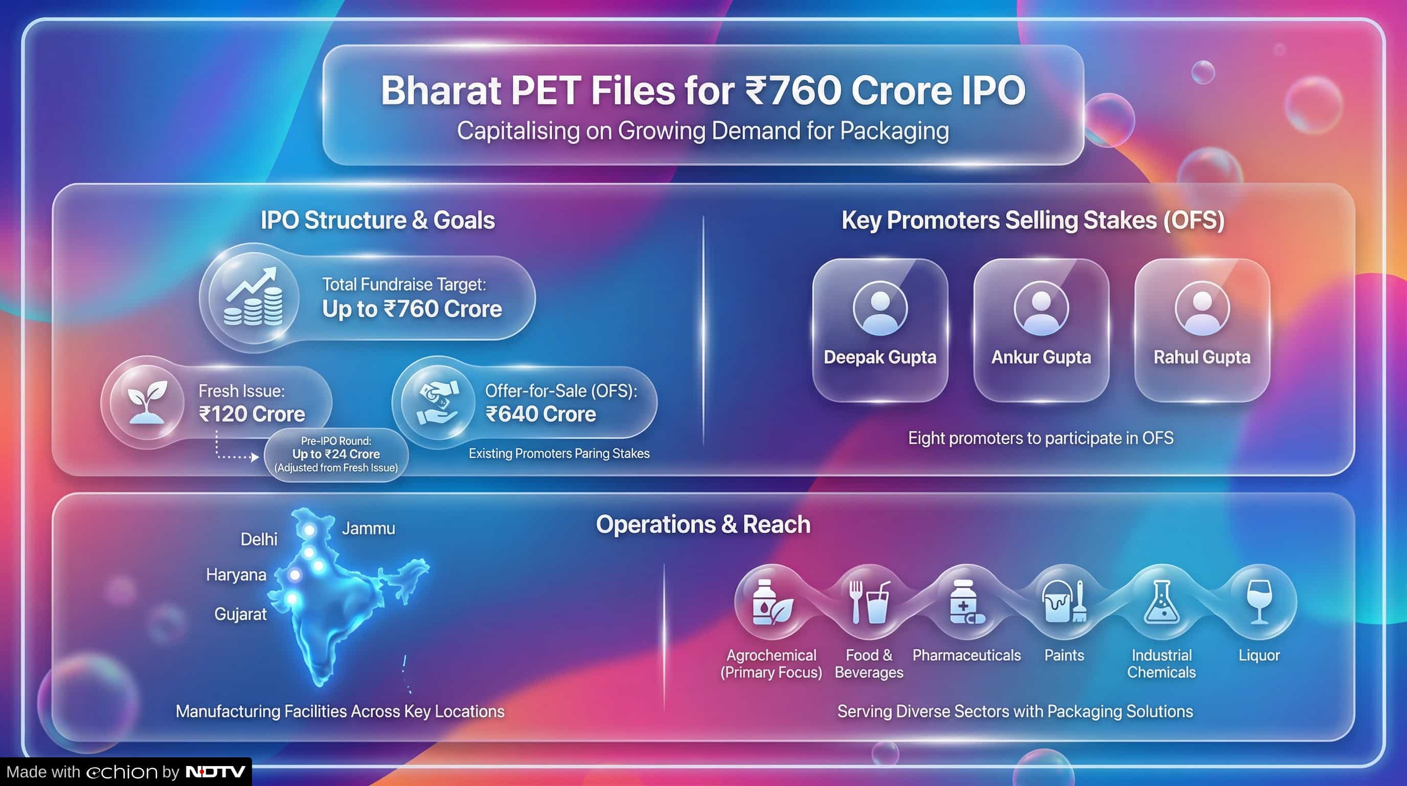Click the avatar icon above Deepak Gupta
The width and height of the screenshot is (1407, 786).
click(x=880, y=308)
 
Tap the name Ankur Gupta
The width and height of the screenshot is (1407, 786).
click(x=1041, y=357)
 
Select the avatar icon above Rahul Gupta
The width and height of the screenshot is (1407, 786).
click(x=1202, y=308)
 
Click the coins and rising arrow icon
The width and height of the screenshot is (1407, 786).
click(x=254, y=297)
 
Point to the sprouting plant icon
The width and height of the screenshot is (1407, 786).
click(x=147, y=402)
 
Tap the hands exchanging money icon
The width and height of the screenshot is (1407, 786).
click(x=438, y=403)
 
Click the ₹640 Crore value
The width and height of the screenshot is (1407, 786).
click(x=541, y=414)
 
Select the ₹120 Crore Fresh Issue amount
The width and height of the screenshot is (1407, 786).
click(x=252, y=414)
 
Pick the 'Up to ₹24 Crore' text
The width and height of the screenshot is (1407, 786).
click(x=336, y=454)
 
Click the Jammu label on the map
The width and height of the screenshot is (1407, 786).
click(x=369, y=529)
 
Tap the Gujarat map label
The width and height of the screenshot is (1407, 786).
click(x=240, y=614)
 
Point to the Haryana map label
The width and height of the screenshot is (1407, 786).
click(x=236, y=575)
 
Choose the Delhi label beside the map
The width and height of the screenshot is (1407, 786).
click(x=259, y=539)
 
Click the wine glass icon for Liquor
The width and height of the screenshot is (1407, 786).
click(x=1260, y=601)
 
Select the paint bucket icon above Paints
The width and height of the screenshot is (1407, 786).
click(x=1064, y=601)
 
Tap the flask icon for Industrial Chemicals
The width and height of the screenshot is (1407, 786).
click(x=1162, y=602)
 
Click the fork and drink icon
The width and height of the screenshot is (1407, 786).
click(x=869, y=602)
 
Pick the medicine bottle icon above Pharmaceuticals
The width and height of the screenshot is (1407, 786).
click(x=967, y=602)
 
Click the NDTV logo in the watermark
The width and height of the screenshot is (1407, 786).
click(x=216, y=772)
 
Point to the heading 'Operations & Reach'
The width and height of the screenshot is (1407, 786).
click(x=703, y=524)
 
